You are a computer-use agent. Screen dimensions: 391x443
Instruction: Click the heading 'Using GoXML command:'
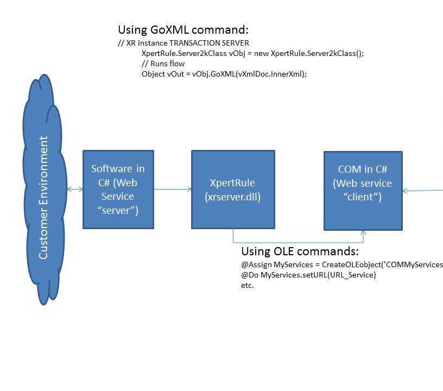183,30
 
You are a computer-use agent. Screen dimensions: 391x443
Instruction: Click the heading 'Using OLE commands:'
300,251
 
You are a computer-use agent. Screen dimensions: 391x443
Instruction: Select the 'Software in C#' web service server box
118,190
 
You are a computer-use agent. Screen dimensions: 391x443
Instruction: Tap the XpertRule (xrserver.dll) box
233,190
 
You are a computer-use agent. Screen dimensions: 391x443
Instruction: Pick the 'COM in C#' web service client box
363,191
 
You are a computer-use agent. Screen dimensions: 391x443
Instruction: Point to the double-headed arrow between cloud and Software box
75,190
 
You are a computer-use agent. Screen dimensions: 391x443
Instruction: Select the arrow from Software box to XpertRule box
173,190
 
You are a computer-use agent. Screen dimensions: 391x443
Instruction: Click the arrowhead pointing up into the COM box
364,233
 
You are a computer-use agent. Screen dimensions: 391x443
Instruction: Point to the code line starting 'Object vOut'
224,74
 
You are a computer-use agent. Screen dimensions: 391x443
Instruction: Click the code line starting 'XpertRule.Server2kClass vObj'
252,53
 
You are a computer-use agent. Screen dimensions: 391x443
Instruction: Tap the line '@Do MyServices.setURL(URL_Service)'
308,275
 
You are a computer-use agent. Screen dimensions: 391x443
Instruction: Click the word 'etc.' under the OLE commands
247,285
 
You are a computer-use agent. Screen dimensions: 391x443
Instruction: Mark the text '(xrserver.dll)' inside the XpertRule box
233,197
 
